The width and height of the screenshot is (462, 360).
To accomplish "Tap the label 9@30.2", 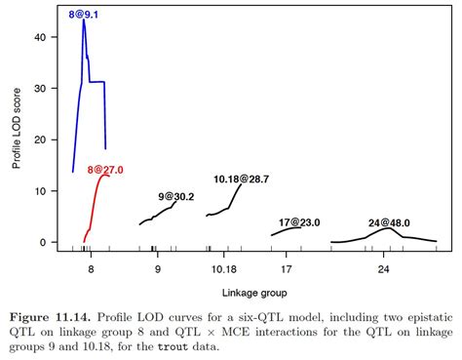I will click(x=175, y=196).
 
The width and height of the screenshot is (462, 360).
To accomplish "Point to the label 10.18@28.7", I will click(x=241, y=180).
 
